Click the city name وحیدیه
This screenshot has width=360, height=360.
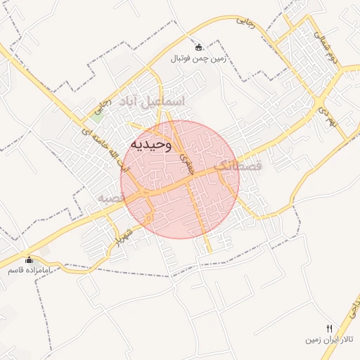click(x=150, y=145)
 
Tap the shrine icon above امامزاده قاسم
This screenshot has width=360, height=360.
click(x=28, y=259)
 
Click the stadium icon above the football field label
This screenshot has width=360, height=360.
click(x=199, y=48)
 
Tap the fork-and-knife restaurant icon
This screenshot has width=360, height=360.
click(x=329, y=328)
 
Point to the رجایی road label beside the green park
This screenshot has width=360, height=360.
click(x=102, y=106)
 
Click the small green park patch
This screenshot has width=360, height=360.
click(x=97, y=117)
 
